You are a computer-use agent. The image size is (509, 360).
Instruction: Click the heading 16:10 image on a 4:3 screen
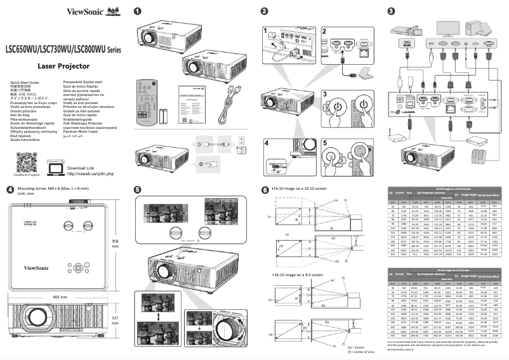tap(298, 259)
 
